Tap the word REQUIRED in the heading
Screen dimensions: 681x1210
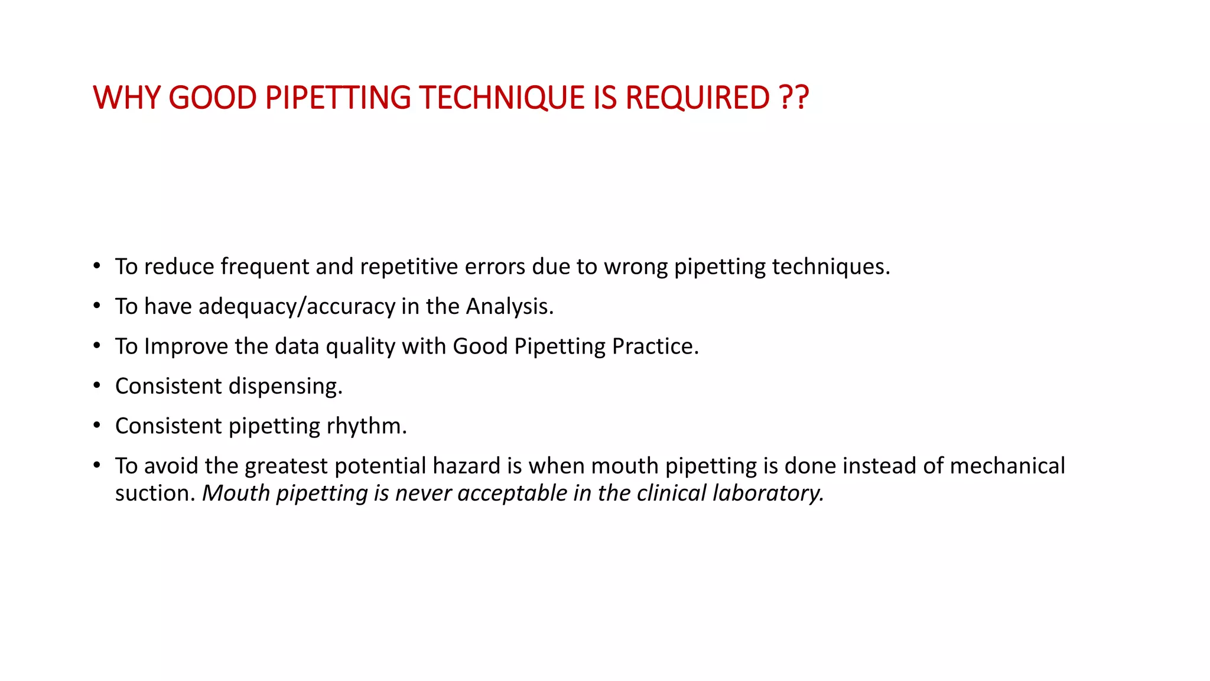pos(697,98)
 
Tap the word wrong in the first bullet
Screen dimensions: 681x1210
pos(635,267)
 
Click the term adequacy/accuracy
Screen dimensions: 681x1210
pos(297,306)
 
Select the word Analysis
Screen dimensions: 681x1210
pos(509,306)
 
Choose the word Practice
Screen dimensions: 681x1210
pos(655,346)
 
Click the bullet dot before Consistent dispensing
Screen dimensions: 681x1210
pos(97,385)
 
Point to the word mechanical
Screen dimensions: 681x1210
pos(1007,466)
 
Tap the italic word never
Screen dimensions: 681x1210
pos(423,493)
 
